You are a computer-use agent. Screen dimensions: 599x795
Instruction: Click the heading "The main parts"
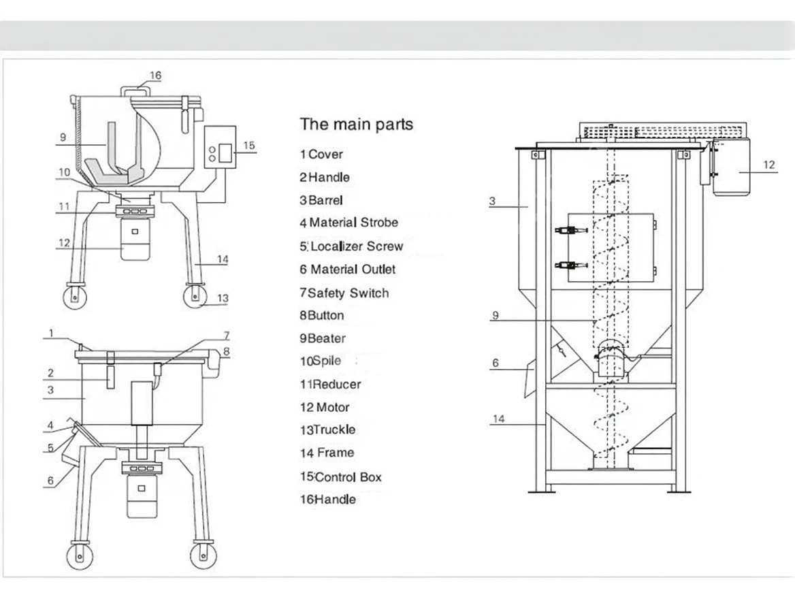356,124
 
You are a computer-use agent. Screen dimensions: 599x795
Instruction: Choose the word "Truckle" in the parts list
334,430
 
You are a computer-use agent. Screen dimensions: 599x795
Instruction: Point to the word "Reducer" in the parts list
336,385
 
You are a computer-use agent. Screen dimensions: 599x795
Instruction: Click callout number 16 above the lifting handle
155,76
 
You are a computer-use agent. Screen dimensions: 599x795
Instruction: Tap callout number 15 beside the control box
248,145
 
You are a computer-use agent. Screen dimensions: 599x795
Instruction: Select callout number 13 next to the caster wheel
223,298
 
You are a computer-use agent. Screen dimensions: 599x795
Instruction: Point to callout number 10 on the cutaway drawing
63,172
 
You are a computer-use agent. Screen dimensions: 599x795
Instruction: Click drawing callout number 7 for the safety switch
227,336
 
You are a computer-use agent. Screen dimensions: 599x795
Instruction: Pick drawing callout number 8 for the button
227,351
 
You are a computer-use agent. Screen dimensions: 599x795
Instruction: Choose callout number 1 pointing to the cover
50,334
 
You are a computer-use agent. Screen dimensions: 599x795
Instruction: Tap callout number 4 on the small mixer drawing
50,427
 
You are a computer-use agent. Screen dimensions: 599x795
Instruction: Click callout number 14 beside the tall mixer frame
499,419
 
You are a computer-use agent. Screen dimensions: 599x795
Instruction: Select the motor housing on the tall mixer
731,166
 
